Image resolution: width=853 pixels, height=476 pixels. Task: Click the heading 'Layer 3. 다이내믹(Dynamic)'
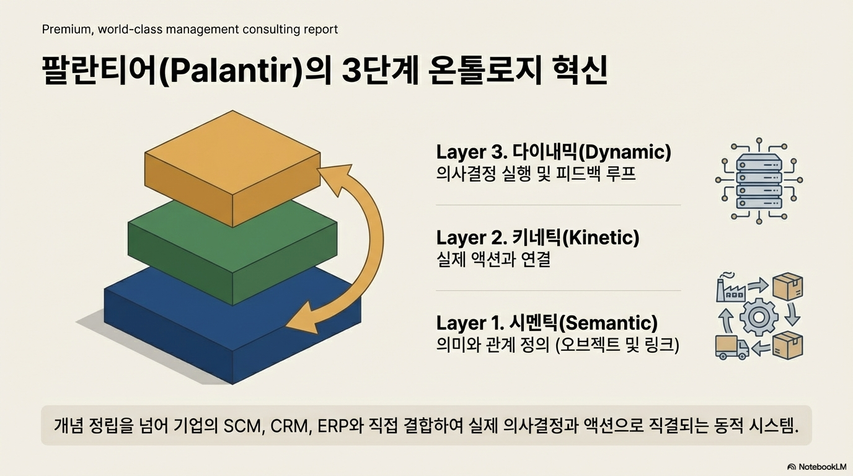point(554,152)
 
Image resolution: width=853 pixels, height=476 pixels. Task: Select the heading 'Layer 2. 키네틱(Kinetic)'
point(537,237)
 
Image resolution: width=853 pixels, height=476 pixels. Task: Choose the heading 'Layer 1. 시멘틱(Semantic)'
point(547,323)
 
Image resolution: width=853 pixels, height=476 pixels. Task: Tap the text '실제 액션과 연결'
point(493,259)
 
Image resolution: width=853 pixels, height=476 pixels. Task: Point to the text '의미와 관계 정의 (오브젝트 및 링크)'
point(558,345)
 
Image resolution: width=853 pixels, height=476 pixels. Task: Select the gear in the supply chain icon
point(758,316)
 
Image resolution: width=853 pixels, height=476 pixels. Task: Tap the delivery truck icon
point(732,346)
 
